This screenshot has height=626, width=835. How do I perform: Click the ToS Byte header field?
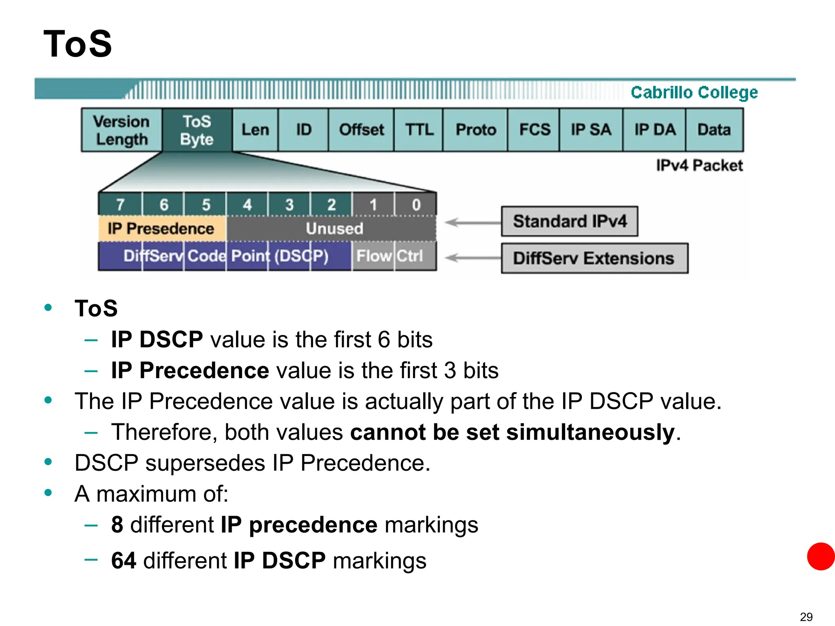197,130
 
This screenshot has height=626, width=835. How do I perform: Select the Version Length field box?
121,130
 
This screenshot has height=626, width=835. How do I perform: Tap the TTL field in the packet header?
419,130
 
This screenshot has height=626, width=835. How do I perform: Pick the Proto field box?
475,130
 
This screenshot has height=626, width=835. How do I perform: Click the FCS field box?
534,130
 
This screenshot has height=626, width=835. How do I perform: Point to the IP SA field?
591,130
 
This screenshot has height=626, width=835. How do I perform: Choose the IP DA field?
654,130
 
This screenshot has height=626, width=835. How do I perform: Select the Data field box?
714,130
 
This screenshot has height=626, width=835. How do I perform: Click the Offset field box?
361,130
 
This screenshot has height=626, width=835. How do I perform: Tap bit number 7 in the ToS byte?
120,204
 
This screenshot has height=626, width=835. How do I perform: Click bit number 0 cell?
416,204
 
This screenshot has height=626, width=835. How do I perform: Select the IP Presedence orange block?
161,229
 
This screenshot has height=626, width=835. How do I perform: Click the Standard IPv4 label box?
570,221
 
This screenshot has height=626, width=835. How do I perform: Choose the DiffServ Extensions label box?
594,258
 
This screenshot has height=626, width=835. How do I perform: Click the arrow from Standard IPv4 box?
473,223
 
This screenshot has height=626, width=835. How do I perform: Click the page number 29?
806,617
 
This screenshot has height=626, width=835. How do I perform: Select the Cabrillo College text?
694,93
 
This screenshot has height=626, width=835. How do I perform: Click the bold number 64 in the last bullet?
124,560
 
